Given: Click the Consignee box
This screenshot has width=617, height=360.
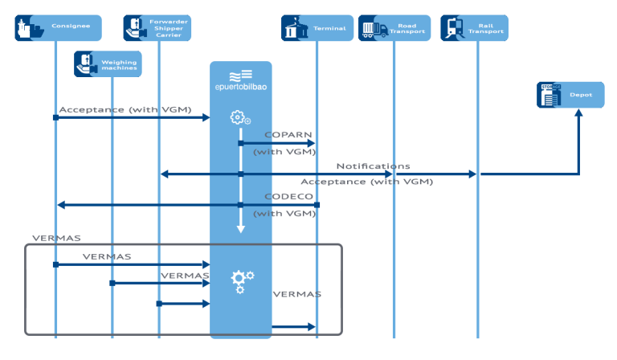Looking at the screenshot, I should pos(59,28).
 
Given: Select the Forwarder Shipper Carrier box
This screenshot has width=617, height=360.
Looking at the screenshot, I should pos(157,28).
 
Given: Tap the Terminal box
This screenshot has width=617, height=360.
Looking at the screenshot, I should pos(317,28).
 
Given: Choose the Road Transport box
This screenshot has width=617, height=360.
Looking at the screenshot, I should pos(394,28).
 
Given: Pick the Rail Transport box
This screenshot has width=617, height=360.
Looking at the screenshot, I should pos(474,28).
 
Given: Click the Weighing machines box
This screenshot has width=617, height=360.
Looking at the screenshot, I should pos(108,64).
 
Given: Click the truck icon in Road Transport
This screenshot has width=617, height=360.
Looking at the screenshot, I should pos(371,29).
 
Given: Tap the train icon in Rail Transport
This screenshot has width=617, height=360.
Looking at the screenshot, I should pos(454,28).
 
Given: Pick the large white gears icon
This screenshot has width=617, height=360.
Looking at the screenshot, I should pos(241,280).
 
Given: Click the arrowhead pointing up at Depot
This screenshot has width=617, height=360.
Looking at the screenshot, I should pos(578,114).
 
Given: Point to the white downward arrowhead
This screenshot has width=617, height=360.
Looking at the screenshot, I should pos(240,230).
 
